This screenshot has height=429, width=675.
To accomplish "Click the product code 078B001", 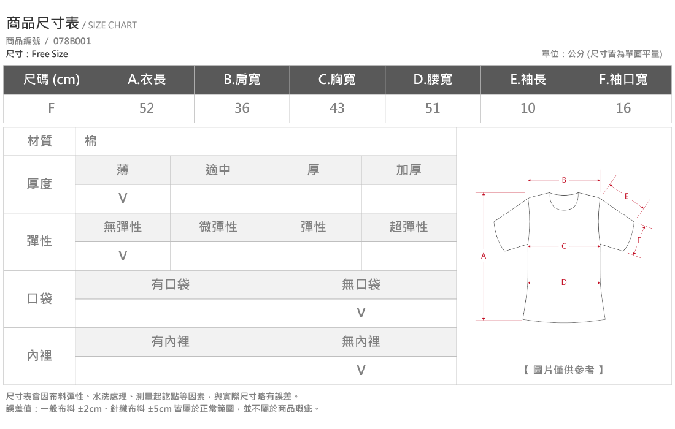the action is [72, 41].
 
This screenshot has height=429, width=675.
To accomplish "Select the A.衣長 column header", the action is [147, 80].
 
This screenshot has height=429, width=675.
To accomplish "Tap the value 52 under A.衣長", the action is [147, 108].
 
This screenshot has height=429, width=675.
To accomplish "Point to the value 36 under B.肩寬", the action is [242, 108].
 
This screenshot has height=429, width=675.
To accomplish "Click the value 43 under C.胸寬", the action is [337, 108].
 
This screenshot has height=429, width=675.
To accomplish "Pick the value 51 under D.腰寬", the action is [433, 108].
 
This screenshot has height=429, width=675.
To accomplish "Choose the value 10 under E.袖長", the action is [528, 108].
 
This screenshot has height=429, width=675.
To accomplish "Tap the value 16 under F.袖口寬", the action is [623, 108].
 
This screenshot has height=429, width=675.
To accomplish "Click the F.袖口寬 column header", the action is [623, 80].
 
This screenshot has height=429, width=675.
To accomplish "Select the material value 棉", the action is [91, 141].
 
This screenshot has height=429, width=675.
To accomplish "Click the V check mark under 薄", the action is [123, 198].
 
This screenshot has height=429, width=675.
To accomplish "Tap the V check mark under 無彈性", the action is [123, 256].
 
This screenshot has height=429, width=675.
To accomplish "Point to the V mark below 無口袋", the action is [361, 313].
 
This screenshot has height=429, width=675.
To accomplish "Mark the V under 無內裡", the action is [361, 370].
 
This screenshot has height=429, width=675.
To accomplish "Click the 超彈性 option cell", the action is [409, 227].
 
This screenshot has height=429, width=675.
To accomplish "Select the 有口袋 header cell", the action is [171, 284].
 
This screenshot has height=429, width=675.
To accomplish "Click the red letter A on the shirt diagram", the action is [484, 256].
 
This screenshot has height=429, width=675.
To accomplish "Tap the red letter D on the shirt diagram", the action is [564, 283].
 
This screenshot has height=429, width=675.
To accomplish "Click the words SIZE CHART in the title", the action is [112, 25].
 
